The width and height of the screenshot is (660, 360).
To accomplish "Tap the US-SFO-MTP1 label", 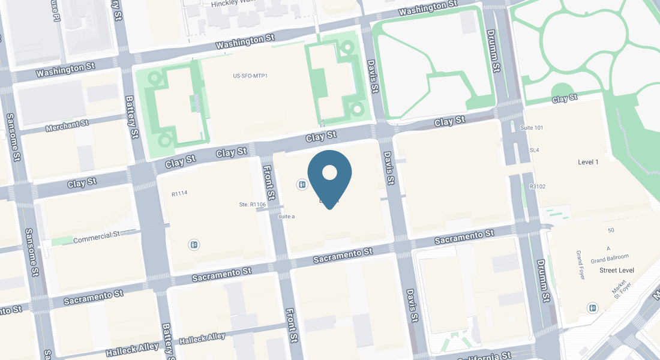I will tap(250, 76).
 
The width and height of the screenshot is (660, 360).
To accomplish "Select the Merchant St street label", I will tap(67, 125).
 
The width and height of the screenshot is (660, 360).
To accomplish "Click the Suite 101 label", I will tap(531, 128).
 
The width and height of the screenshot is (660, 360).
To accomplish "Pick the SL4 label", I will tap(534, 149).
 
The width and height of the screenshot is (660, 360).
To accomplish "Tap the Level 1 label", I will tap(588, 162).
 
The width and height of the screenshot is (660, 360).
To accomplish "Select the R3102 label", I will tap(538, 187).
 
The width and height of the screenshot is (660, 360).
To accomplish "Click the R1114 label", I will tap(179, 193).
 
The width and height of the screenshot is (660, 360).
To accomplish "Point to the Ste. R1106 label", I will tap(252, 205).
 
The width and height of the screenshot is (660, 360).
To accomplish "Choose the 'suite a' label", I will tap(286, 216).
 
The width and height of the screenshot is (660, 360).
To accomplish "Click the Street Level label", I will tap(617, 270).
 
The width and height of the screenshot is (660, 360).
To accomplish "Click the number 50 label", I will tap(611, 230).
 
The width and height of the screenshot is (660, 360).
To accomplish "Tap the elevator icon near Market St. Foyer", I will tap(593, 307).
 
